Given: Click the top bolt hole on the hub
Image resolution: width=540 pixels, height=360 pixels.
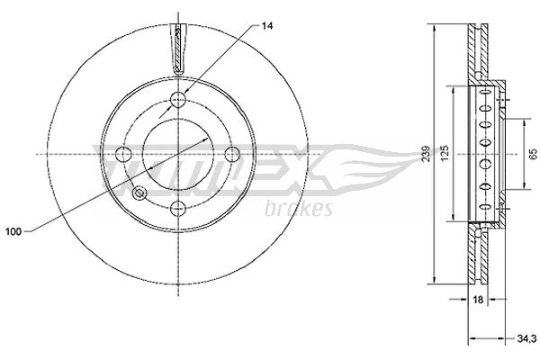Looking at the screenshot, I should coord(177,99).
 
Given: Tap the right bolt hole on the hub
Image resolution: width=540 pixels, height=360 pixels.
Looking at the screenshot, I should coord(232,154).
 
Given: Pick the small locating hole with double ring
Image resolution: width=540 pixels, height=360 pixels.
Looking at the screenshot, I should coord(139,193).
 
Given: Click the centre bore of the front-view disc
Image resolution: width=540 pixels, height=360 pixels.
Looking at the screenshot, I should coord(177,154).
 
